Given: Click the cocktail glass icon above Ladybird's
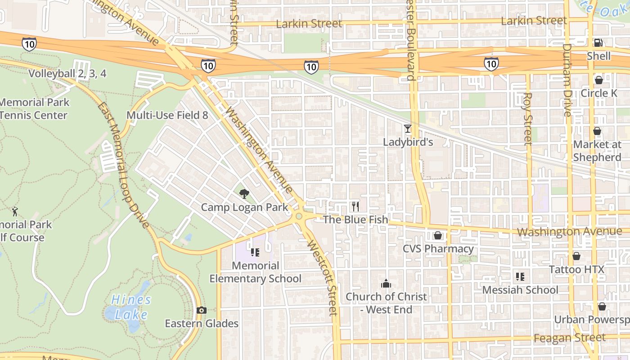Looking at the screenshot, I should (408, 129).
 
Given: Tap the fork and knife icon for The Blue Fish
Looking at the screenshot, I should (355, 207).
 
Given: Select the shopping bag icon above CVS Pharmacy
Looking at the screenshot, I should (437, 235).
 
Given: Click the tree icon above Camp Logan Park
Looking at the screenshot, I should (244, 194).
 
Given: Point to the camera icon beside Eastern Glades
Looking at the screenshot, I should (202, 310).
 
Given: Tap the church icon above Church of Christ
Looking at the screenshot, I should (386, 283).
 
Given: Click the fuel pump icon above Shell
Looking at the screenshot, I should (598, 43).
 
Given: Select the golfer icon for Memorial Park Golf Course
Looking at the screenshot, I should (15, 211).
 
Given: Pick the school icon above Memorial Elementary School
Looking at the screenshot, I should (255, 252).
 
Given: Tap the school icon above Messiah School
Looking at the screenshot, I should (520, 277).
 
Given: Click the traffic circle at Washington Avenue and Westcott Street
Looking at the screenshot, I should (299, 216).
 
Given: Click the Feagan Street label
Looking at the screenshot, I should (569, 337).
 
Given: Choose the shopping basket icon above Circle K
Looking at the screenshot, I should (598, 80).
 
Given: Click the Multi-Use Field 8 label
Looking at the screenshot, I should (167, 115).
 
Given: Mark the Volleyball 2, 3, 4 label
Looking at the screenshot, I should (67, 74).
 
